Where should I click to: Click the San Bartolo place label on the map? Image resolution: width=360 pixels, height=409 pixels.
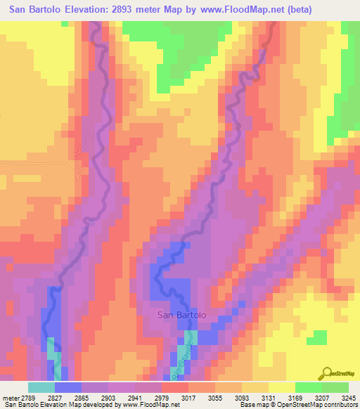point(181,315)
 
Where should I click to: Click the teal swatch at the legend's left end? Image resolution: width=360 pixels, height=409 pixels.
point(41,387)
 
